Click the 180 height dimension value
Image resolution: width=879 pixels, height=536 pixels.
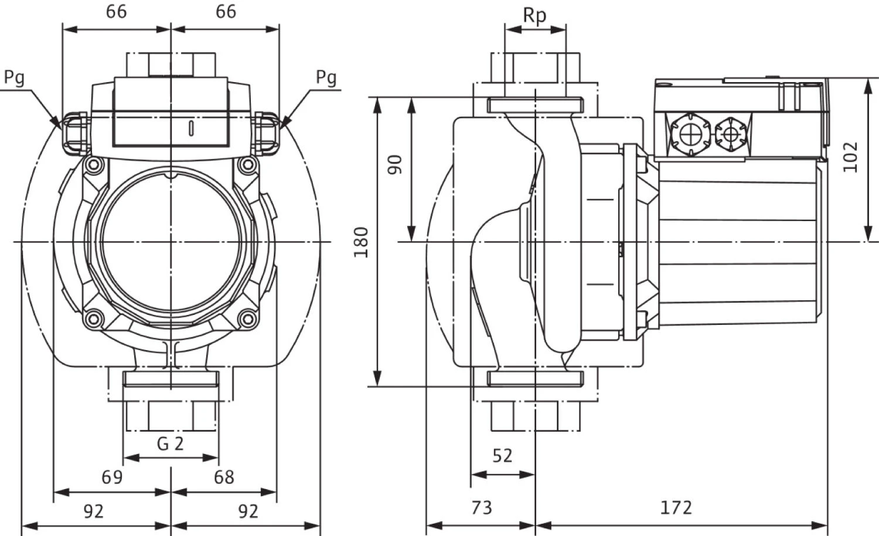pyautogui.click(x=362, y=242)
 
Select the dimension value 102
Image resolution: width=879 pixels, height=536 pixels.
pyautogui.click(x=850, y=157)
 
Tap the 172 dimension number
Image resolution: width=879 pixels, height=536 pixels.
pyautogui.click(x=676, y=507)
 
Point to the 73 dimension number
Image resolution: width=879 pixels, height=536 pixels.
pyautogui.click(x=482, y=507)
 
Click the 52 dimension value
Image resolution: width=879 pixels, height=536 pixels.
pyautogui.click(x=502, y=456)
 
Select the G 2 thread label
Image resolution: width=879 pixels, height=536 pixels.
pyautogui.click(x=171, y=443)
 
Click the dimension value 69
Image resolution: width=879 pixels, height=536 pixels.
pyautogui.click(x=112, y=477)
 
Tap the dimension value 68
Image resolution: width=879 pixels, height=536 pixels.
pyautogui.click(x=224, y=477)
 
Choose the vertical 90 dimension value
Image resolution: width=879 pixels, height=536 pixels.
pyautogui.click(x=396, y=164)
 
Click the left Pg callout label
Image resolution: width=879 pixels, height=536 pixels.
pyautogui.click(x=14, y=77)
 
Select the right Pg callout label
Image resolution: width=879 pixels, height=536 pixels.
pyautogui.click(x=326, y=77)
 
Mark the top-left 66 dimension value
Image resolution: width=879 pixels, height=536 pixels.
pyautogui.click(x=116, y=11)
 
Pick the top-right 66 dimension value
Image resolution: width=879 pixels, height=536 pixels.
pyautogui.click(x=226, y=11)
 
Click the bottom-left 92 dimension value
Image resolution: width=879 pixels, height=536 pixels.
pyautogui.click(x=94, y=511)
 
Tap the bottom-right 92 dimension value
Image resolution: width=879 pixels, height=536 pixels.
pyautogui.click(x=248, y=511)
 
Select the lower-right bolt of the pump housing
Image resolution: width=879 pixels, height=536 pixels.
pyautogui.click(x=248, y=319)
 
